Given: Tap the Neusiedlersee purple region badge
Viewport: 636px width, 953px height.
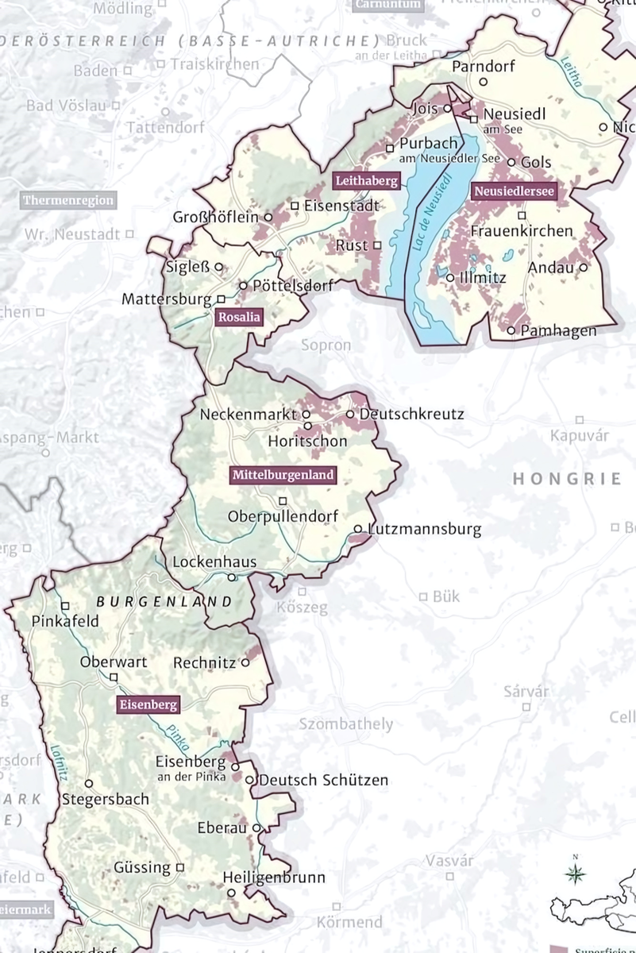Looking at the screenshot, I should [x=513, y=191].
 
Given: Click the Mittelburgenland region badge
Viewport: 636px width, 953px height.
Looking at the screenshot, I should [x=283, y=476].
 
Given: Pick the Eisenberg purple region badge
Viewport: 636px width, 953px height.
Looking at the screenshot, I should [x=148, y=704].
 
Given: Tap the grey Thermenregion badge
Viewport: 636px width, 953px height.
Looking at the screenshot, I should [x=68, y=200].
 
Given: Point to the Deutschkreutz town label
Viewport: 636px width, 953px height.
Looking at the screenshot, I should [x=411, y=414].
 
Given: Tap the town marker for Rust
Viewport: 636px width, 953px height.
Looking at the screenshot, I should [x=377, y=245].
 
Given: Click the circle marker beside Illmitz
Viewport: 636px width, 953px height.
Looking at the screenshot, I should [x=450, y=278].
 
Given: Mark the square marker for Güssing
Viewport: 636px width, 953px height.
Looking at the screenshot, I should [x=180, y=867].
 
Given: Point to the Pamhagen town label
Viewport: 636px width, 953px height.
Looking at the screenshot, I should [x=558, y=330].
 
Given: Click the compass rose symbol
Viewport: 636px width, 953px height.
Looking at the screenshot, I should [x=575, y=874].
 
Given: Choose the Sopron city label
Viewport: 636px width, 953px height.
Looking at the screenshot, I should [x=326, y=345].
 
